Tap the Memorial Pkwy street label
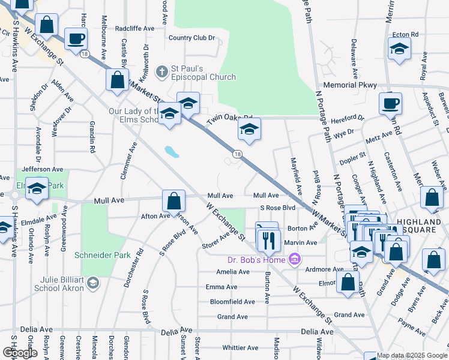click(348, 85)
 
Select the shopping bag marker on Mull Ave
click(173, 200)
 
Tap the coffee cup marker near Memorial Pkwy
click(390, 103)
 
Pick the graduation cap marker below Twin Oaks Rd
click(250, 128)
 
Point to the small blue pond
click(171, 151)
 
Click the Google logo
click(20, 353)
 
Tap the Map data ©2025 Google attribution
click(412, 355)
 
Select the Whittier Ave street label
click(240, 347)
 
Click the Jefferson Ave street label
click(42, 170)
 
